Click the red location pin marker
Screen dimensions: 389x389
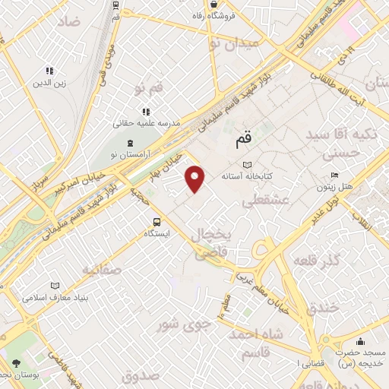(196, 179)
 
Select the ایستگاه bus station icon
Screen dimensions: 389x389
(156, 222)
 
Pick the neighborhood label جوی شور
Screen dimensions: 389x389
(183, 325)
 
